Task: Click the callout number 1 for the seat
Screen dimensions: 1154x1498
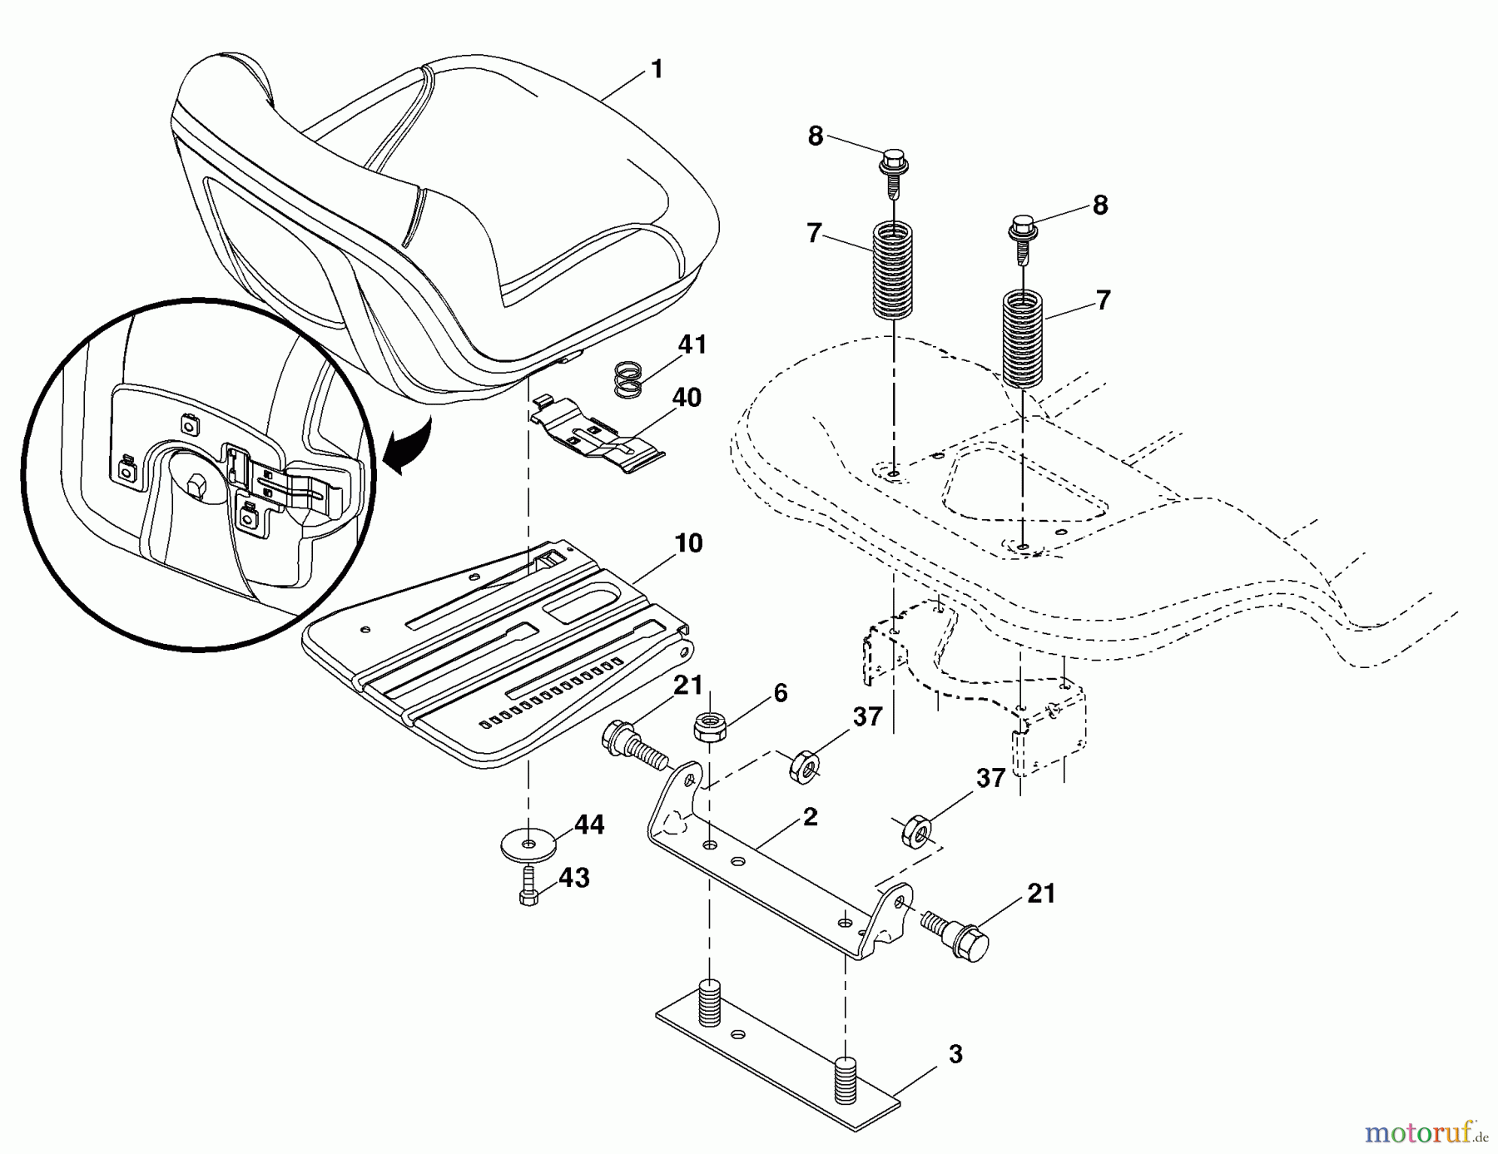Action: (657, 69)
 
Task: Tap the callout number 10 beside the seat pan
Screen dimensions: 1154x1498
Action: (688, 543)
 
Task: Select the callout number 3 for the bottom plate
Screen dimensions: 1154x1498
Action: (955, 1054)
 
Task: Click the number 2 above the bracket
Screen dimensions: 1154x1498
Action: (810, 817)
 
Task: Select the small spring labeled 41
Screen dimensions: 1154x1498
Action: (630, 379)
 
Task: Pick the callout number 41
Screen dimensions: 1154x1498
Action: (692, 344)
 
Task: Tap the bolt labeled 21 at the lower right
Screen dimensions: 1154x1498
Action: (957, 936)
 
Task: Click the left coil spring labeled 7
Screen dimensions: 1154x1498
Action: (892, 270)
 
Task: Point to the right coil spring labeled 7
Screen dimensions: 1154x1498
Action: (1022, 338)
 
